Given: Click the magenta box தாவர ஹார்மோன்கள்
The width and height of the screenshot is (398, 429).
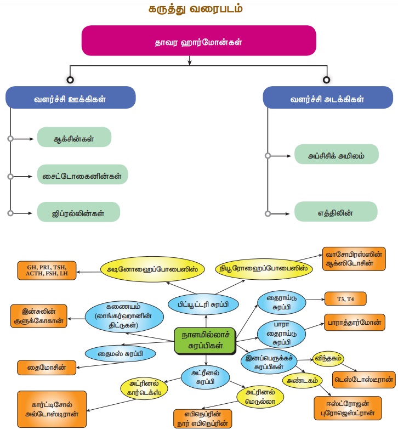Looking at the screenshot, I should (198, 42).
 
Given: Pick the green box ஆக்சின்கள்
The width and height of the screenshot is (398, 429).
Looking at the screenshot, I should (74, 137).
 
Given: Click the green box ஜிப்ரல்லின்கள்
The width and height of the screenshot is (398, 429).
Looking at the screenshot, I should (78, 212).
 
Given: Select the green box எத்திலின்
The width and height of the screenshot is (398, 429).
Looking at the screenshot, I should (336, 212).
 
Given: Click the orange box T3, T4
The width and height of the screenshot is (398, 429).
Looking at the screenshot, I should (344, 298).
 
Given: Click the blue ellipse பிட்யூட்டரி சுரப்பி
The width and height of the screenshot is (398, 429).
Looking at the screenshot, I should (204, 303).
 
